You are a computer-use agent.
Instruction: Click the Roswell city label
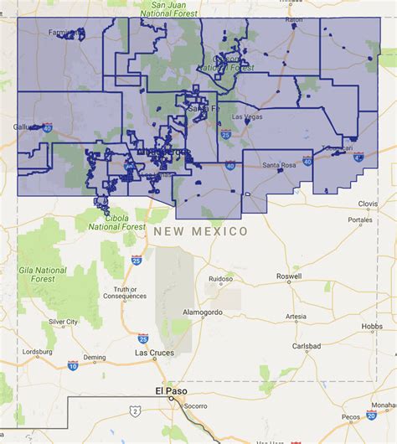(x=287, y=298)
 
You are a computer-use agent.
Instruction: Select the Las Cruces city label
(x=154, y=353)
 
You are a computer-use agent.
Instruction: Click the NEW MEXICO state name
(x=200, y=230)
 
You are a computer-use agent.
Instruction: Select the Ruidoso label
(x=220, y=279)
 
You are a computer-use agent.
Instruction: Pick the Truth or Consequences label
(x=119, y=295)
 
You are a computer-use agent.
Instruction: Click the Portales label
(x=360, y=220)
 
